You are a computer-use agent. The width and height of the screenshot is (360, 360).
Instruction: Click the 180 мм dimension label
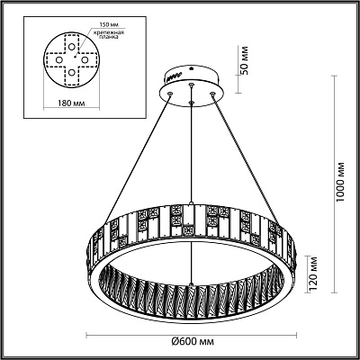pyautogui.click(x=71, y=103)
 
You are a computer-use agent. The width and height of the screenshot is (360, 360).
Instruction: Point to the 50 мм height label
pyautogui.click(x=245, y=60)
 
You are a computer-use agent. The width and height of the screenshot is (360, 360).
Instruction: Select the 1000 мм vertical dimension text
pyautogui.click(x=340, y=183)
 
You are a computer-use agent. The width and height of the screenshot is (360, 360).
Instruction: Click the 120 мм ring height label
pyautogui.click(x=313, y=274)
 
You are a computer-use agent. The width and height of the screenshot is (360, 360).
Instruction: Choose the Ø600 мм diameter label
pyautogui.click(x=193, y=341)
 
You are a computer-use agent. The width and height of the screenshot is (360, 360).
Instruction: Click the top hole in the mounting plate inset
pyautogui.click(x=71, y=47)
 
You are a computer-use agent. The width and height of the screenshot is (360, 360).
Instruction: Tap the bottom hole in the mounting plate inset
pyautogui.click(x=71, y=72)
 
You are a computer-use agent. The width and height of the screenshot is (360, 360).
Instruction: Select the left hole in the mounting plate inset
pyautogui.click(x=59, y=59)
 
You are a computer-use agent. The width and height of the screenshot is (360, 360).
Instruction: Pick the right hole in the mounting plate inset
pyautogui.click(x=85, y=59)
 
